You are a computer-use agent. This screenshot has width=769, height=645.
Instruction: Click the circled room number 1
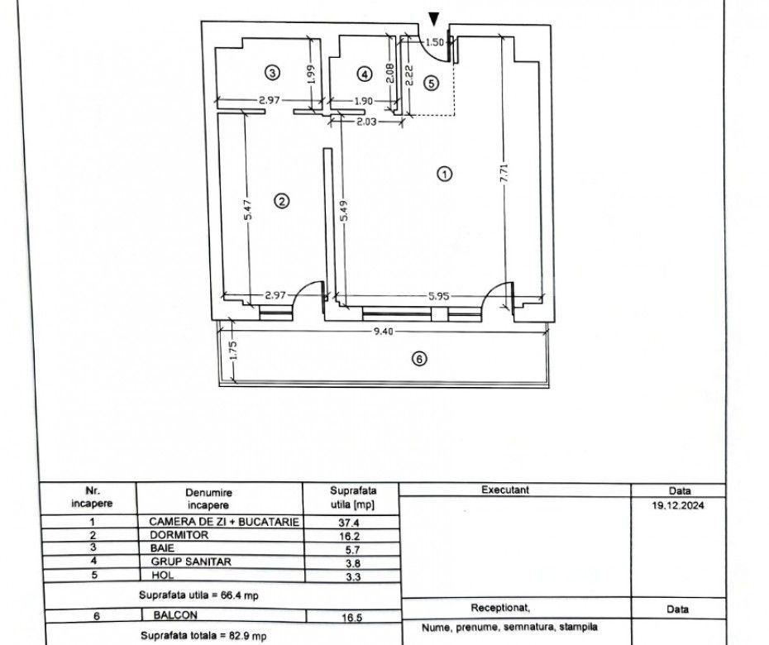click(x=445, y=174)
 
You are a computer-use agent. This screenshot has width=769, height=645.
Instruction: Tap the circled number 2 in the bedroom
click(x=282, y=201)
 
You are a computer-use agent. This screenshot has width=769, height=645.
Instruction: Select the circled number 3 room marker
click(x=272, y=73)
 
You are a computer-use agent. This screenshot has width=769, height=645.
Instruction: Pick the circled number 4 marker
click(x=365, y=74)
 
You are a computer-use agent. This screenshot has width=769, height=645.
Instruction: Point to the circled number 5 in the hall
click(x=429, y=82)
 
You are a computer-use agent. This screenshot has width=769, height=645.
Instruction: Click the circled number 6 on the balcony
click(x=419, y=359)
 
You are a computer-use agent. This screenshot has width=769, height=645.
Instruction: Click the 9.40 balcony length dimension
click(x=380, y=331)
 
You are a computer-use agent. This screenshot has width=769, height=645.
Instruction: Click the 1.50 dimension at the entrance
click(x=434, y=41)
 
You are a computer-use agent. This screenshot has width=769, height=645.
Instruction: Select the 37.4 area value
click(x=340, y=523)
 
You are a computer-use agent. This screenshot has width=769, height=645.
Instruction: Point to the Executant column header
click(x=505, y=490)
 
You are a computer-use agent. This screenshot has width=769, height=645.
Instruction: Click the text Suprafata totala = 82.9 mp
click(x=203, y=636)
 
